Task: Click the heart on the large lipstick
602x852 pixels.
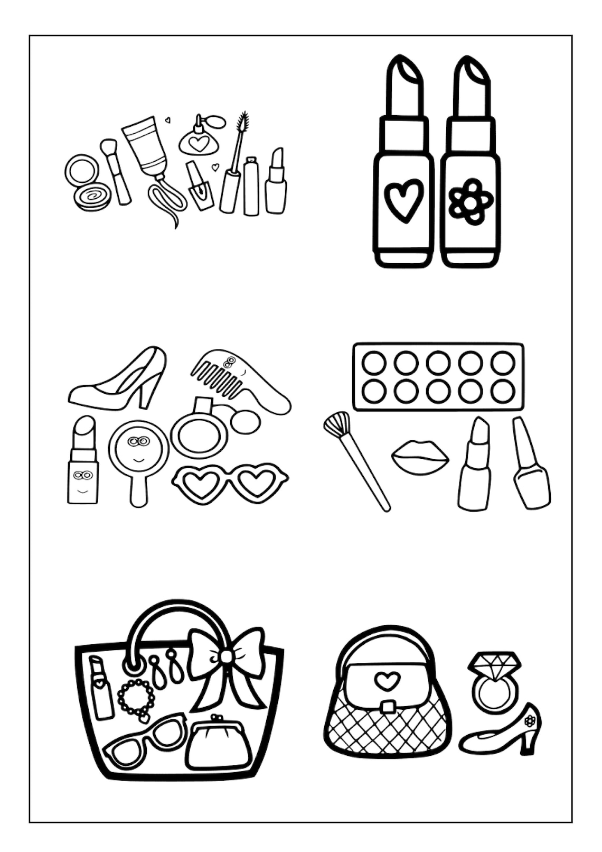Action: [x=404, y=200]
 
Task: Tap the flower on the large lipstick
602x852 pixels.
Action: [x=470, y=202]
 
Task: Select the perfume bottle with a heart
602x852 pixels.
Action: [x=198, y=141]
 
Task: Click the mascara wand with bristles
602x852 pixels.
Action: [x=242, y=123]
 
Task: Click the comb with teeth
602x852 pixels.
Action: [x=222, y=373]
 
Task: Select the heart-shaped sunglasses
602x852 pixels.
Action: [x=230, y=483]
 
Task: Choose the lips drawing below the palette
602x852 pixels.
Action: [x=420, y=457]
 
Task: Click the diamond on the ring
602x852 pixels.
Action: [x=494, y=665]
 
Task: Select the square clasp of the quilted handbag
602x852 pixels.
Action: [x=388, y=707]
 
